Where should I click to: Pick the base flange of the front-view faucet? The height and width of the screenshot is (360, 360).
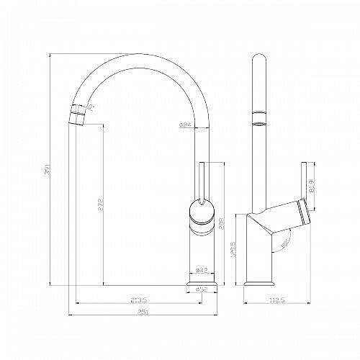202,287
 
